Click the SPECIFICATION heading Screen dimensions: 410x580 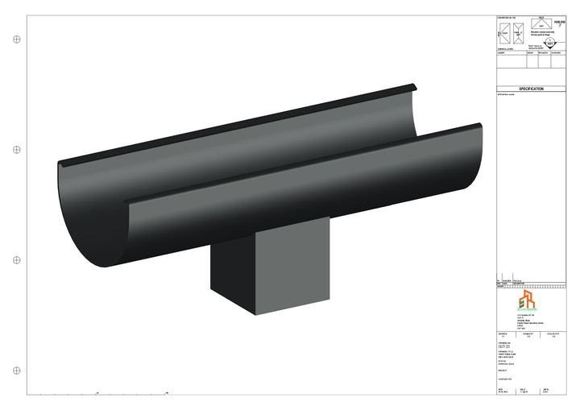tap(531, 89)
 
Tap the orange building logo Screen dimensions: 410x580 tap(525, 300)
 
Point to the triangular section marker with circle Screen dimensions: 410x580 tap(550, 46)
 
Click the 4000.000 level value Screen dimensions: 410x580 tap(561, 23)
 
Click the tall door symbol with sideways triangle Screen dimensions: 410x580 tap(503, 34)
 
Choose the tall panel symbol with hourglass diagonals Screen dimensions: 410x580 tap(519, 34)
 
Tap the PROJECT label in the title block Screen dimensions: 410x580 tap(503, 371)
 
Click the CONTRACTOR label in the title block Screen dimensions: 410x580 tap(505, 379)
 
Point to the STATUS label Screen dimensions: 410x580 tap(502, 362)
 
